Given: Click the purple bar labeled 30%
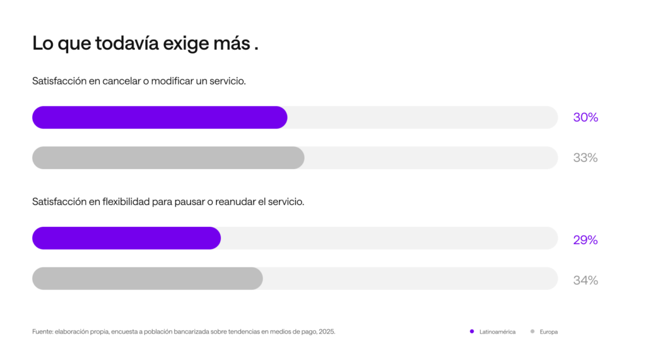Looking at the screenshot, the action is pyautogui.click(x=160, y=117).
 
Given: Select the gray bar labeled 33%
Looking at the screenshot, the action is pyautogui.click(x=168, y=158).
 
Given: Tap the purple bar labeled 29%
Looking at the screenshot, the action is pyautogui.click(x=126, y=238).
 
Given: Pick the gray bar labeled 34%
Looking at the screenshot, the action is pyautogui.click(x=148, y=279).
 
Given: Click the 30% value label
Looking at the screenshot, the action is pyautogui.click(x=585, y=117).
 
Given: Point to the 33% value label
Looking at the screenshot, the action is pyautogui.click(x=585, y=158).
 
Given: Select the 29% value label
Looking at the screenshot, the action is pyautogui.click(x=585, y=240).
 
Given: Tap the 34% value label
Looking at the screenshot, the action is pyautogui.click(x=585, y=280).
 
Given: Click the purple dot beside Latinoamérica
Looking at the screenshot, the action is pyautogui.click(x=472, y=331).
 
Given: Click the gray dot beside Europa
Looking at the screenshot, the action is pyautogui.click(x=532, y=331).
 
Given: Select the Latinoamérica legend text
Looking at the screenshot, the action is pyautogui.click(x=497, y=332).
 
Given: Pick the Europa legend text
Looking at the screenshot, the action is pyautogui.click(x=549, y=332).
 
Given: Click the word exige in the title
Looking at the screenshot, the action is pyautogui.click(x=186, y=44).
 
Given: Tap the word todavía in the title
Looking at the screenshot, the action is pyautogui.click(x=127, y=43).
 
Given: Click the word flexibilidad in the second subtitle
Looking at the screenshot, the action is pyautogui.click(x=126, y=201).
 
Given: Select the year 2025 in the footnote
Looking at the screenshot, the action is pyautogui.click(x=327, y=332).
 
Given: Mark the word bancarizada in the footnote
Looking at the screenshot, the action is pyautogui.click(x=191, y=332).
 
